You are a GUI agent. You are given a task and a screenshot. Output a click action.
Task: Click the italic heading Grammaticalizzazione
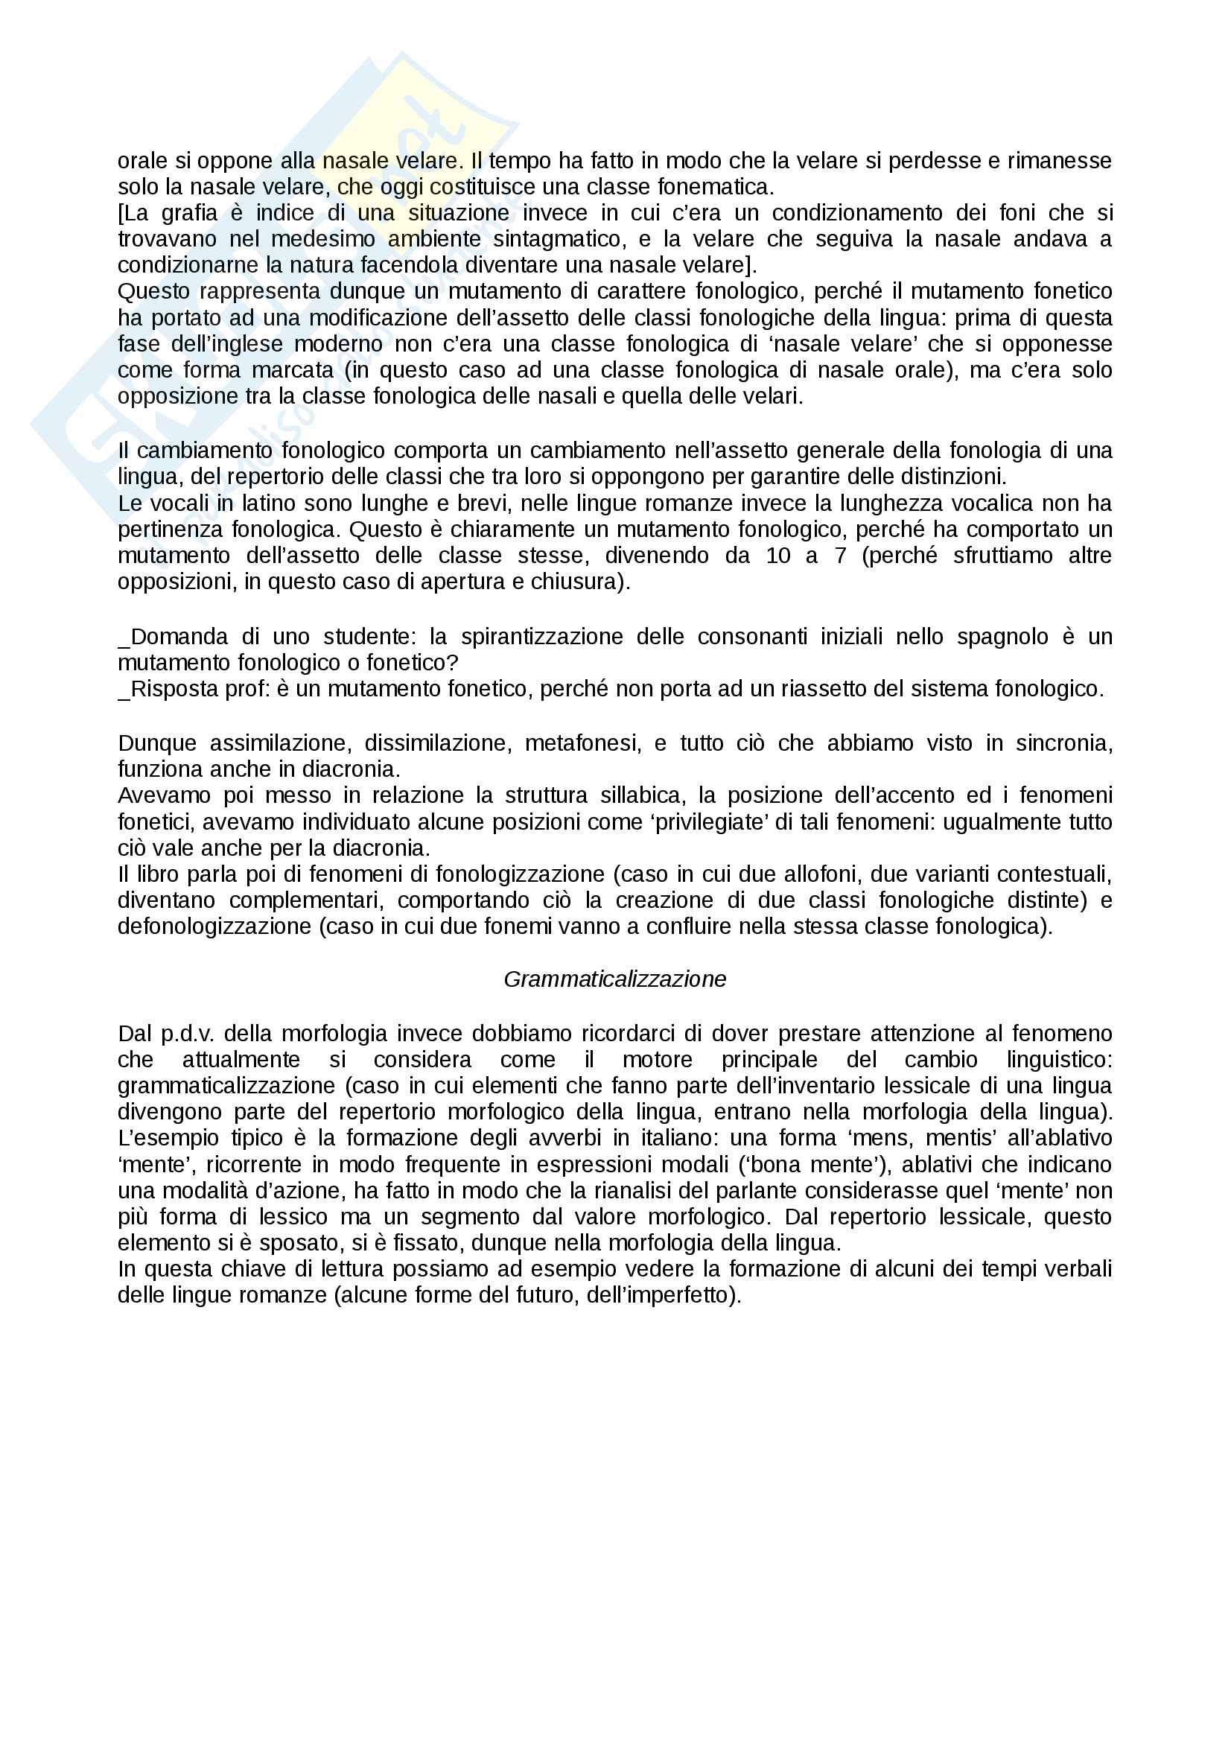[614, 979]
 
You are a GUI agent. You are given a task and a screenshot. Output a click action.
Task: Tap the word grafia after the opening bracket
[190, 213]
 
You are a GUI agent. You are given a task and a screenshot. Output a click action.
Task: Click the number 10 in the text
[778, 556]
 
